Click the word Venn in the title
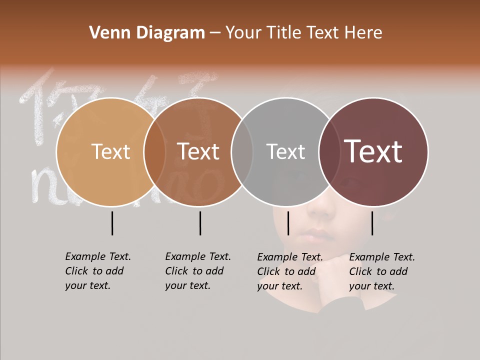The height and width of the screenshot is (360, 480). click(108, 33)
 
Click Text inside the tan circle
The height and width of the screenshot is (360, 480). click(110, 151)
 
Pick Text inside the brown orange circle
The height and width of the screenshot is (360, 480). click(198, 151)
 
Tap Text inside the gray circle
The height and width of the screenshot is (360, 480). click(285, 151)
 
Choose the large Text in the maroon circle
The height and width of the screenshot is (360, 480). click(373, 151)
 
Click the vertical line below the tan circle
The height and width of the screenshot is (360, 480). click(112, 223)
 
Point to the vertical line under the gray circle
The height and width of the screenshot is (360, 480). click(288, 223)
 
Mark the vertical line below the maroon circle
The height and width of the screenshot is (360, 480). click(372, 223)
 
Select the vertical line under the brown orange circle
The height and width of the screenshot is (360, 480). click(200, 223)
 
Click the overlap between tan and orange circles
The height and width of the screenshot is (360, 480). click(154, 151)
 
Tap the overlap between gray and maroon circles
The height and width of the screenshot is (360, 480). click(329, 151)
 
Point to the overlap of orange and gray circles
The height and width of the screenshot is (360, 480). click(242, 151)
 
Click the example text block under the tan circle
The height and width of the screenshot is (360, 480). click(98, 271)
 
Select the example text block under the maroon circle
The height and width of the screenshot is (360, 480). click(382, 271)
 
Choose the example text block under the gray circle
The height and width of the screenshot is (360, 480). click(290, 271)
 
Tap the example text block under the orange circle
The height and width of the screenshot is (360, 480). click(198, 271)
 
